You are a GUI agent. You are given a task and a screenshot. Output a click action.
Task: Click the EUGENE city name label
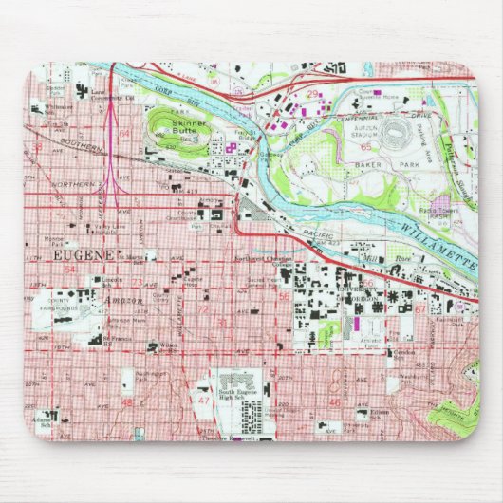(80, 256)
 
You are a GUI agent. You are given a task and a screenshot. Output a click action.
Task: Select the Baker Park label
(385, 167)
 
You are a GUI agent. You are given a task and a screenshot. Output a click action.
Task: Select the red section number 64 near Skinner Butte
(125, 134)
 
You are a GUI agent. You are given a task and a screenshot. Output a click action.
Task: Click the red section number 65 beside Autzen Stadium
(364, 147)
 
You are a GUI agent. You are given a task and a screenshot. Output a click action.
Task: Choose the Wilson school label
(168, 346)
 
